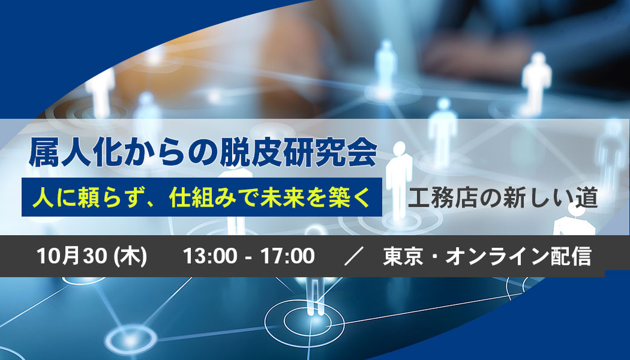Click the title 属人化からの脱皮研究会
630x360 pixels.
point(202,153)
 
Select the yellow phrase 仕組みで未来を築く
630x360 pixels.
point(270,198)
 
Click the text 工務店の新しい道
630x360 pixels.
point(503,198)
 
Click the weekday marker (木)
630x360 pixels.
point(131,256)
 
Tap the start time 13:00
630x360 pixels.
point(210,256)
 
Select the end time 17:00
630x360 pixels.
point(287,256)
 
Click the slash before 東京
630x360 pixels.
point(354,256)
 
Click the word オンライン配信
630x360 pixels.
point(519,256)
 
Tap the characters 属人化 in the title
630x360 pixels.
point(75,153)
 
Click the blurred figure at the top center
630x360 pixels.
point(386,64)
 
